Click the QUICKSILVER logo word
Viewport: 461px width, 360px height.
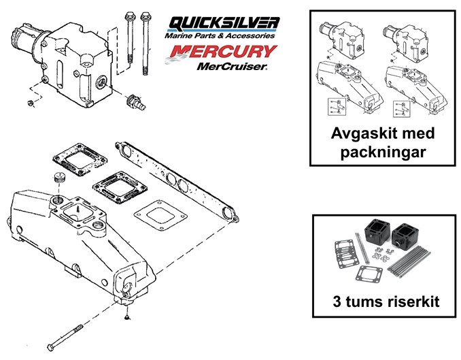coord(224,24)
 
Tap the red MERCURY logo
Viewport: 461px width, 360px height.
coord(224,52)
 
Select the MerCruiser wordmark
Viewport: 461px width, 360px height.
coord(232,67)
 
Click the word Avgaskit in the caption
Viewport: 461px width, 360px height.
coord(361,133)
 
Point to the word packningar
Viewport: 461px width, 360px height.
coord(383,152)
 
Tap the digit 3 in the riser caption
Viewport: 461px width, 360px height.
coord(337,301)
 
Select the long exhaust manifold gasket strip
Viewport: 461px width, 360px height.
coord(177,181)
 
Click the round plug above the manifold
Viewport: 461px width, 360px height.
coord(60,178)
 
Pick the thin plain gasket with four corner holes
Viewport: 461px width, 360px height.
coord(160,216)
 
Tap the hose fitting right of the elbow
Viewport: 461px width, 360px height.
coord(136,102)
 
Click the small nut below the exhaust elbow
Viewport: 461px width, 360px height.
coord(30,103)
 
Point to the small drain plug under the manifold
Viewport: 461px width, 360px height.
coord(127,317)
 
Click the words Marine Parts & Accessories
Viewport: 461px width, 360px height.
coord(220,36)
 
